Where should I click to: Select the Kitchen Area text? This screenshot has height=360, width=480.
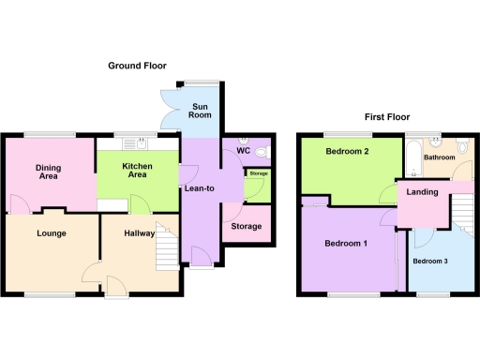pos(139,171)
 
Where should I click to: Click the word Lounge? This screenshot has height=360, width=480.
pos(52,233)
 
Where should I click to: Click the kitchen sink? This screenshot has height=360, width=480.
pos(141,143)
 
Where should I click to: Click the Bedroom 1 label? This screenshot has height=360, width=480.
pos(346,244)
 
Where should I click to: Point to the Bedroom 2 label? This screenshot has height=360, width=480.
pos(346,152)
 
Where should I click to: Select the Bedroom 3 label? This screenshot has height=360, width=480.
pos(432,261)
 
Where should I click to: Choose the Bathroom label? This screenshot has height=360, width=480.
pos(440,158)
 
